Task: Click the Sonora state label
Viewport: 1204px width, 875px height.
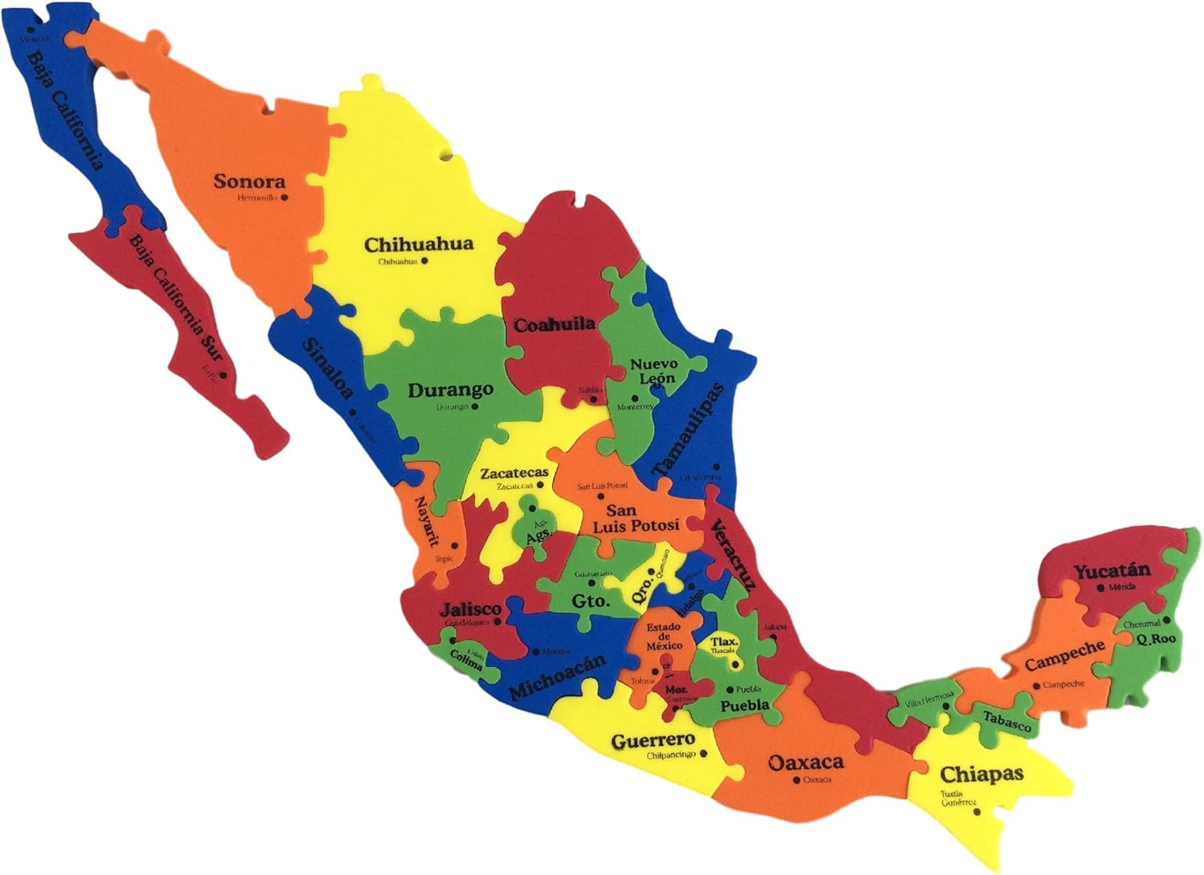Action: click(249, 181)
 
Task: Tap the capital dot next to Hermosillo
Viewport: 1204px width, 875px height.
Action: click(284, 197)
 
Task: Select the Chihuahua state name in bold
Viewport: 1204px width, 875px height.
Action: click(419, 244)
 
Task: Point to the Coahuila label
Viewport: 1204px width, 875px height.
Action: click(555, 325)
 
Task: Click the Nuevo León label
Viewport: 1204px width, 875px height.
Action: click(653, 371)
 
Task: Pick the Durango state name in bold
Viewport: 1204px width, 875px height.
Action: click(450, 391)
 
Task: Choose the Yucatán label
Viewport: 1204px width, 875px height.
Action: click(1112, 572)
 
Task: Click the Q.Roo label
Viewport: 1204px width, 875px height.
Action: click(1155, 640)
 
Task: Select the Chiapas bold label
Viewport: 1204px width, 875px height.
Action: click(982, 775)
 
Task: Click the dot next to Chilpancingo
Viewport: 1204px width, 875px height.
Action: click(703, 754)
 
